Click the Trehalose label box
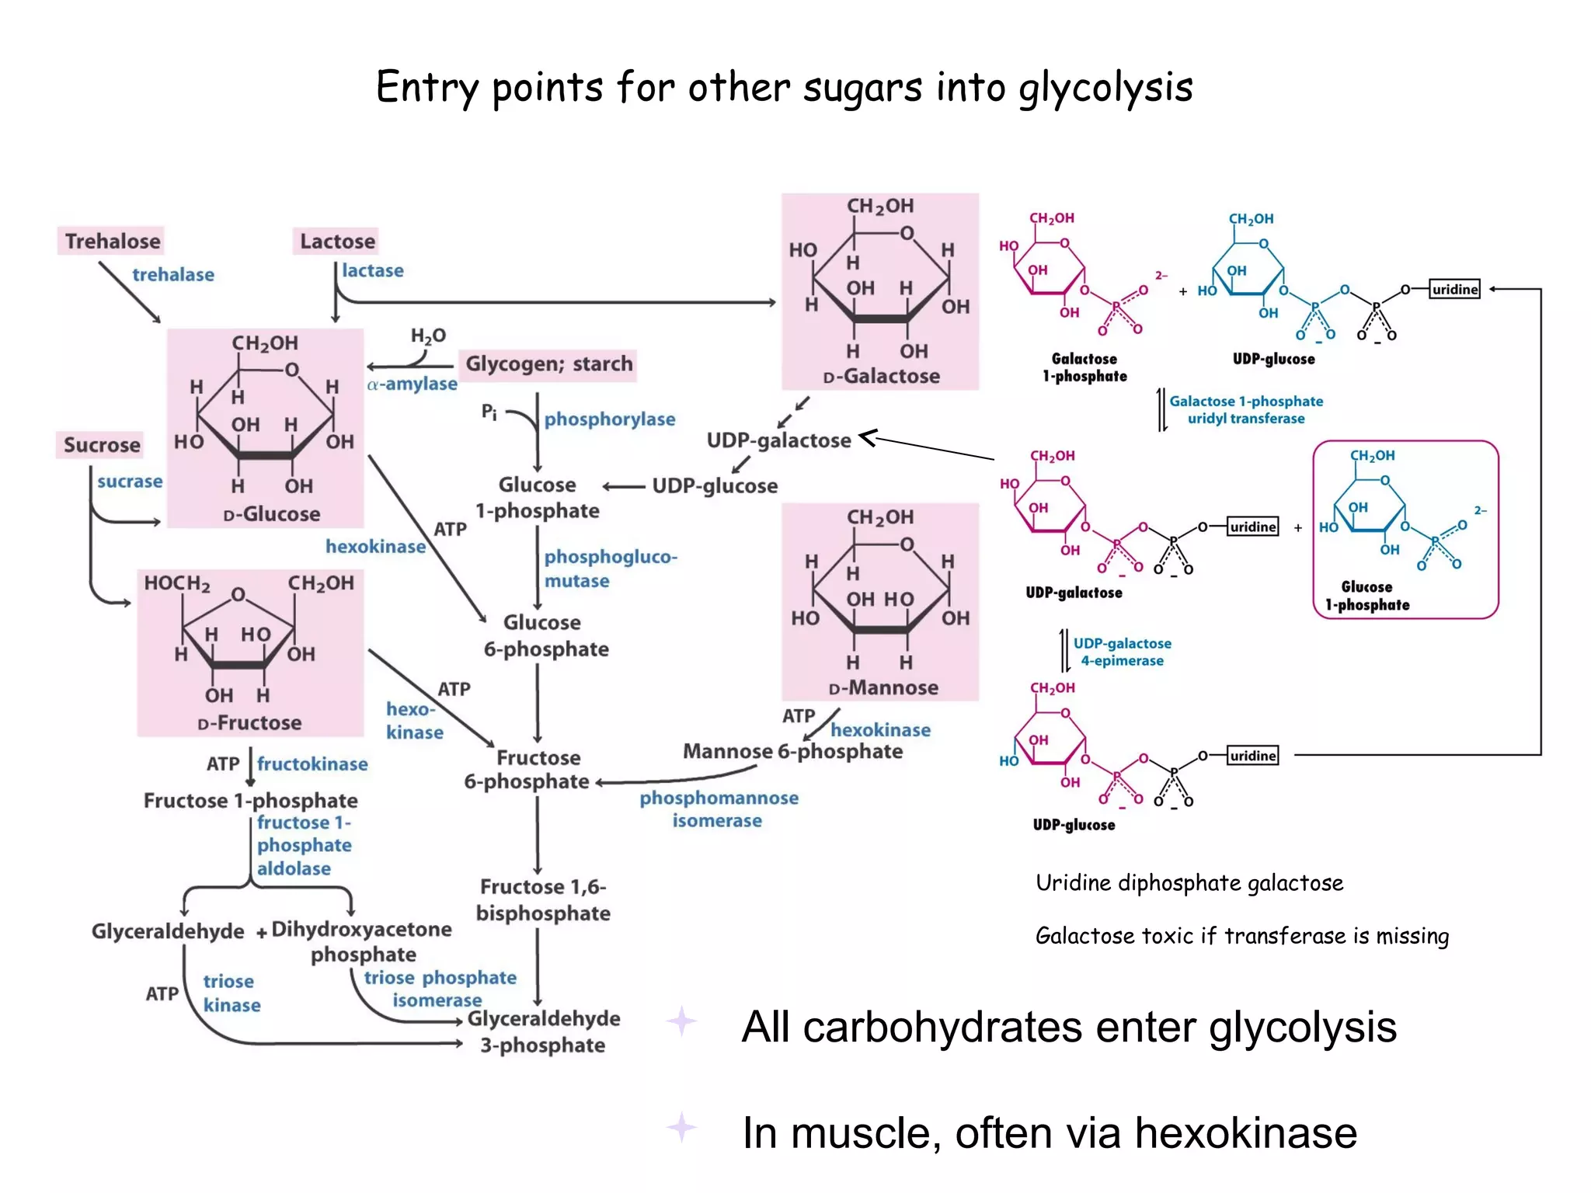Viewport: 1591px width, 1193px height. (x=112, y=242)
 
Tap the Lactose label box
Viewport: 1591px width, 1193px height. (x=337, y=242)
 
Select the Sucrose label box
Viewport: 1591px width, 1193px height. (x=102, y=445)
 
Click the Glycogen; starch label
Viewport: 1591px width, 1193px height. (x=548, y=364)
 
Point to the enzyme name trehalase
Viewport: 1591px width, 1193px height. (x=173, y=275)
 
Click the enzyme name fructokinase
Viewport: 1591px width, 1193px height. (x=312, y=764)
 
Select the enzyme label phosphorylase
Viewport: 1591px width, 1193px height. (x=609, y=419)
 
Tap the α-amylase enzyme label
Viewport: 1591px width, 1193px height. (x=413, y=384)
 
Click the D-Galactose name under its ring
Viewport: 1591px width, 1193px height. (x=881, y=377)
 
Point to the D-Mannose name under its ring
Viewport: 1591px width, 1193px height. (x=883, y=688)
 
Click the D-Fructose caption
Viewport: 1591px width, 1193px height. (x=249, y=723)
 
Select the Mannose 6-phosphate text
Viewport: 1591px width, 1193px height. (x=792, y=752)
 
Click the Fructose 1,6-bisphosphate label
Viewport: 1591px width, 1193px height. (x=543, y=900)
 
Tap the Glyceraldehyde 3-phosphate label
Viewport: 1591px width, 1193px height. (x=543, y=1031)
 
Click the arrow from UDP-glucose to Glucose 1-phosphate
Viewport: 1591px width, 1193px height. (x=624, y=487)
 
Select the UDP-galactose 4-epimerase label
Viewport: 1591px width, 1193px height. (x=1122, y=652)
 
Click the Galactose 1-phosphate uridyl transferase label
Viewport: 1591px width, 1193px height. (x=1246, y=410)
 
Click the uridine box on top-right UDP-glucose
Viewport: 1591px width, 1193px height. (x=1454, y=290)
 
